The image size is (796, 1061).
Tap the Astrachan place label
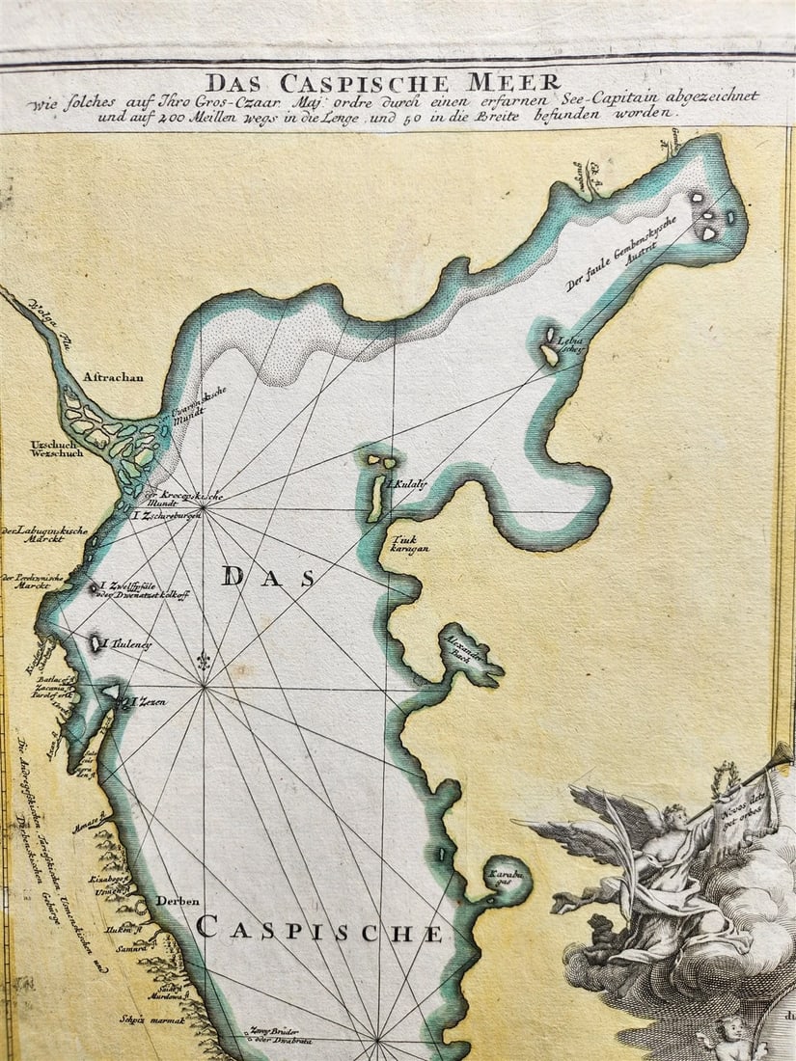pyautogui.click(x=113, y=377)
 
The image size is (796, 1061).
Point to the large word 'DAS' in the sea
pyautogui.click(x=267, y=578)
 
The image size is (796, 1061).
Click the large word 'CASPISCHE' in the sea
pyautogui.click(x=319, y=932)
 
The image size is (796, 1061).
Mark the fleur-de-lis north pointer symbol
pyautogui.click(x=204, y=662)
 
